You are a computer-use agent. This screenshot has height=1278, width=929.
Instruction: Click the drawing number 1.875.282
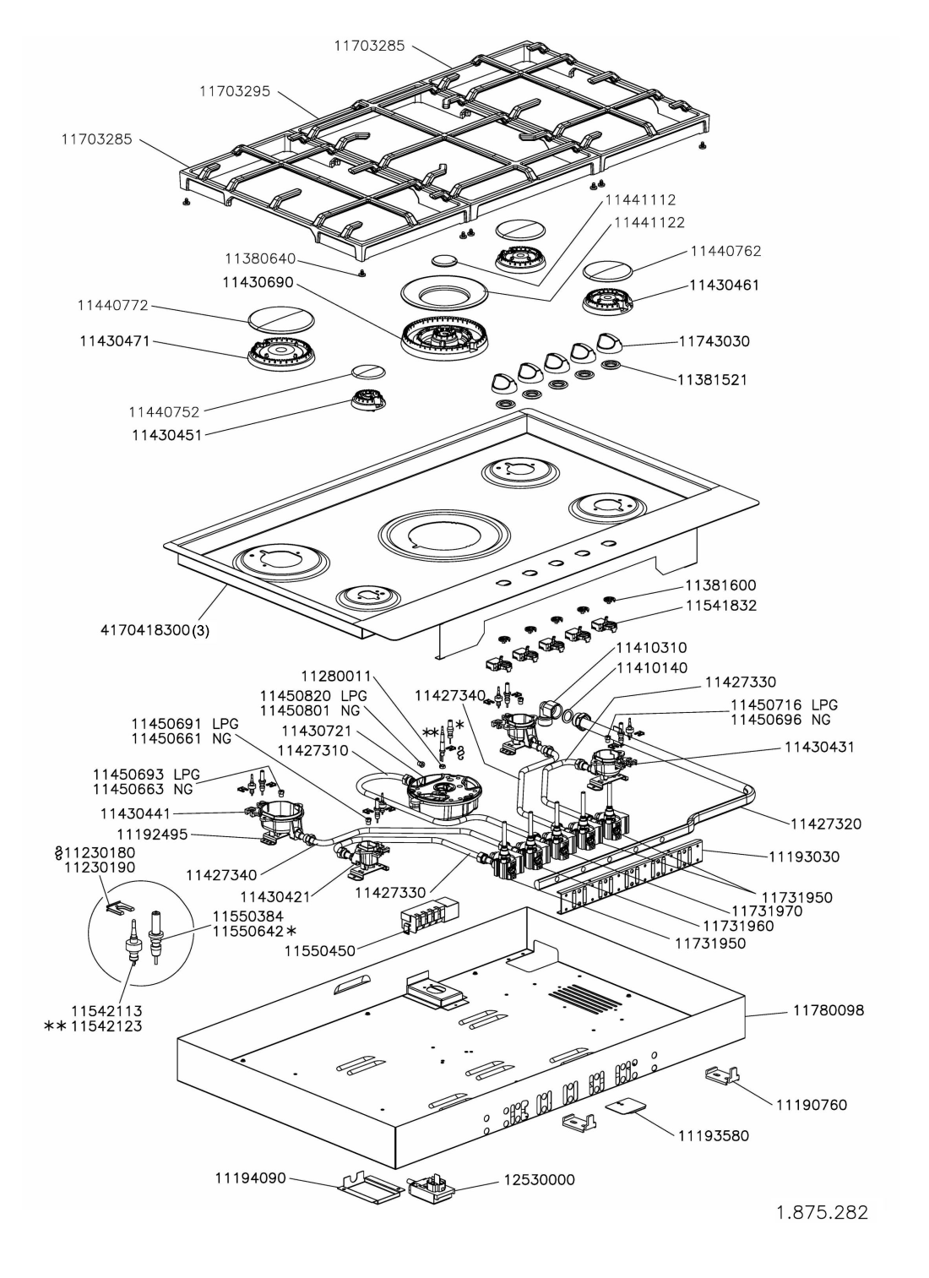822,1213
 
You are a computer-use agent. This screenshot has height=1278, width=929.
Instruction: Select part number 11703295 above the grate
235,91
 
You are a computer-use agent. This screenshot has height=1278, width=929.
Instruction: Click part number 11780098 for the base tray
828,1009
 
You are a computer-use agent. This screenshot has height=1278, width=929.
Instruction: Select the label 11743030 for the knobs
714,341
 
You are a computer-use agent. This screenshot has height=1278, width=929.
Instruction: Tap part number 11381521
712,380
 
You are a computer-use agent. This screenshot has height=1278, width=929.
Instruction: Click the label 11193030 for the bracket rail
804,857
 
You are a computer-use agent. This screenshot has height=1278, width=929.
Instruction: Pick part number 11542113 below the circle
106,1010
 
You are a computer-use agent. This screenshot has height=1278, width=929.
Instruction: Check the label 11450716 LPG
784,704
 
